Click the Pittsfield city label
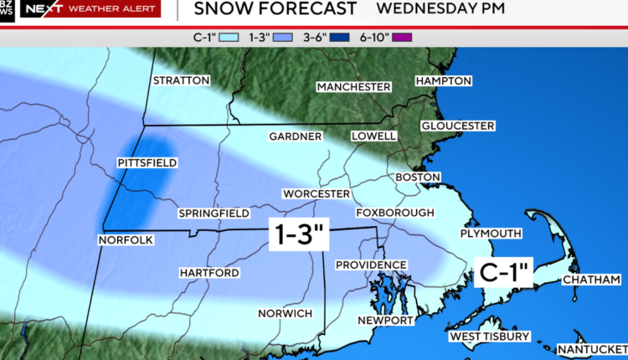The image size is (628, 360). point(147,162)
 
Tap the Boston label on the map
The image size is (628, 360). point(417,177)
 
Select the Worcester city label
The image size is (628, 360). point(316,193)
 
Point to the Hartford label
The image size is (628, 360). point(209,273)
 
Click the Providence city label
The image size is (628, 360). point(371,265)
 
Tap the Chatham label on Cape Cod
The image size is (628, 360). point(591,279)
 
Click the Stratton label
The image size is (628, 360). point(181,80)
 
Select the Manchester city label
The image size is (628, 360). point(353,87)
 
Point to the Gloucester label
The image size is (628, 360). point(457,126)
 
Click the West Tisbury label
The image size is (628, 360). point(490,337)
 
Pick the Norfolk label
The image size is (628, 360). point(126,240)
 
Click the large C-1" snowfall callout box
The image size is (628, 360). point(506,272)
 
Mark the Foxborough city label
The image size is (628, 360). point(395,213)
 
